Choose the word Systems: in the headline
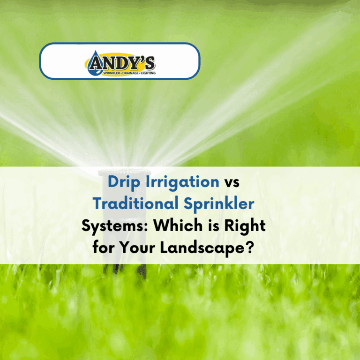(x=115, y=226)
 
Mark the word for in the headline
(x=104, y=247)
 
